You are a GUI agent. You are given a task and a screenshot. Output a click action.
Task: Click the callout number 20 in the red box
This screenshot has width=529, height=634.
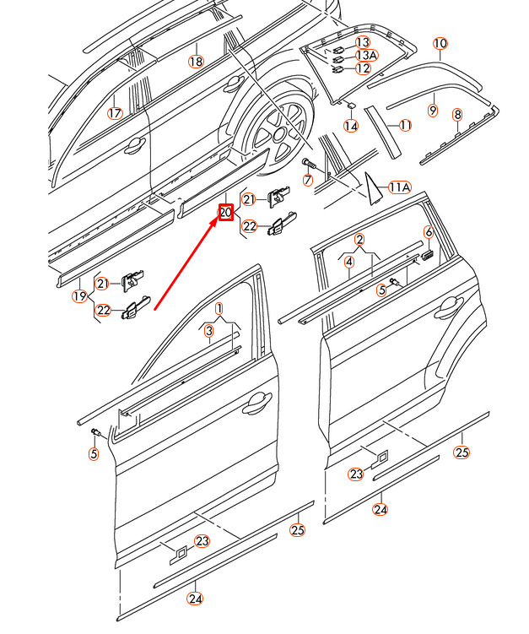[226, 212]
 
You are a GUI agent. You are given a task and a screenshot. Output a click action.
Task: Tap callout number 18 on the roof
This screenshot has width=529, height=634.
[196, 62]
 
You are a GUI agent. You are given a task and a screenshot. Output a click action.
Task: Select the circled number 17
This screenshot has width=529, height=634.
[115, 113]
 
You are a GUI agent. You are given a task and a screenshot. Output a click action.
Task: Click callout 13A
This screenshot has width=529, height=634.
[366, 55]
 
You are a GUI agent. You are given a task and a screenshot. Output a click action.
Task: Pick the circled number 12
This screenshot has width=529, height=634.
[363, 68]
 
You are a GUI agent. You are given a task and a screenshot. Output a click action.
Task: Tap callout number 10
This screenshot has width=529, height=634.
[440, 43]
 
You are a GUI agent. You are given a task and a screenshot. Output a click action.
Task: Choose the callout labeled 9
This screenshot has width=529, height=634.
[433, 110]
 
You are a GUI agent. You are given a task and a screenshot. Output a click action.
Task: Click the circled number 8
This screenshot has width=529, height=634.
[457, 115]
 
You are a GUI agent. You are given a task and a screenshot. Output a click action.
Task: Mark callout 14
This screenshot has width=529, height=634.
[351, 126]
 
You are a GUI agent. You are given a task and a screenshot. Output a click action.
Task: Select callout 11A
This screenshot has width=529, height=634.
[399, 187]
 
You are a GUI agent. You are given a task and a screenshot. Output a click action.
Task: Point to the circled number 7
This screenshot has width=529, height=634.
[308, 179]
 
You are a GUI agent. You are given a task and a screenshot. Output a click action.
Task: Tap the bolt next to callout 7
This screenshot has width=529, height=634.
[312, 165]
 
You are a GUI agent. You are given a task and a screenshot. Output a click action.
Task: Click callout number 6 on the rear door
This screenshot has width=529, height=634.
[429, 231]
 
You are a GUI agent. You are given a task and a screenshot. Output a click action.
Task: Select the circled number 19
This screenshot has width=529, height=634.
[79, 296]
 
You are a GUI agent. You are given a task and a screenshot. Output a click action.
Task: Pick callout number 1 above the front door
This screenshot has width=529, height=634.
[219, 309]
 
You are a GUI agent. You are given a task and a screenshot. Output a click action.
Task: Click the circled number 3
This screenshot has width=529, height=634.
[208, 331]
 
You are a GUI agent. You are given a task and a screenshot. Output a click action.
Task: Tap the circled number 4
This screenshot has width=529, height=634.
[349, 262]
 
